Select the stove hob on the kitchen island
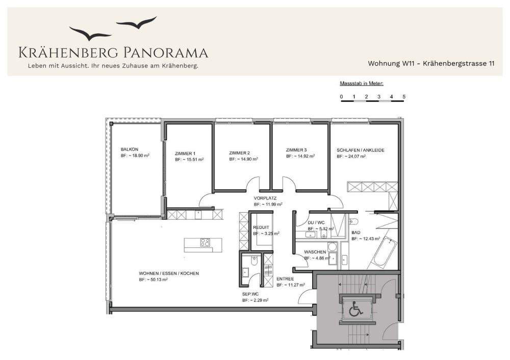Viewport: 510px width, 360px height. (205, 243)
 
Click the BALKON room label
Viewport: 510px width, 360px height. (130, 149)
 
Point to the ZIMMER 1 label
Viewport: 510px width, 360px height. (185, 153)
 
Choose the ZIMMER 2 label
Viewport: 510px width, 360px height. (239, 153)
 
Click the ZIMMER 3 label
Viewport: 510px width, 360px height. (296, 150)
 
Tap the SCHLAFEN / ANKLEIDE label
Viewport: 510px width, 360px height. (361, 150)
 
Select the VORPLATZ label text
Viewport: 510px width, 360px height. (265, 198)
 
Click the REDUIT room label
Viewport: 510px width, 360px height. (261, 227)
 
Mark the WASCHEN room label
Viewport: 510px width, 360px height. (315, 252)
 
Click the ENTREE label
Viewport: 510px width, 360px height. (285, 279)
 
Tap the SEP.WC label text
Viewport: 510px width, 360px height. (250, 294)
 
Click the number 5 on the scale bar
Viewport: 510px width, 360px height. (404, 96)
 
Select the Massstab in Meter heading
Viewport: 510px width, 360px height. (362, 84)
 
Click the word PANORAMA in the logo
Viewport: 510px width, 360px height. (166, 53)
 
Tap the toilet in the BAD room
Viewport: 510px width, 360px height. (353, 222)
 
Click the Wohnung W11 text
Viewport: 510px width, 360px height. (391, 63)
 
